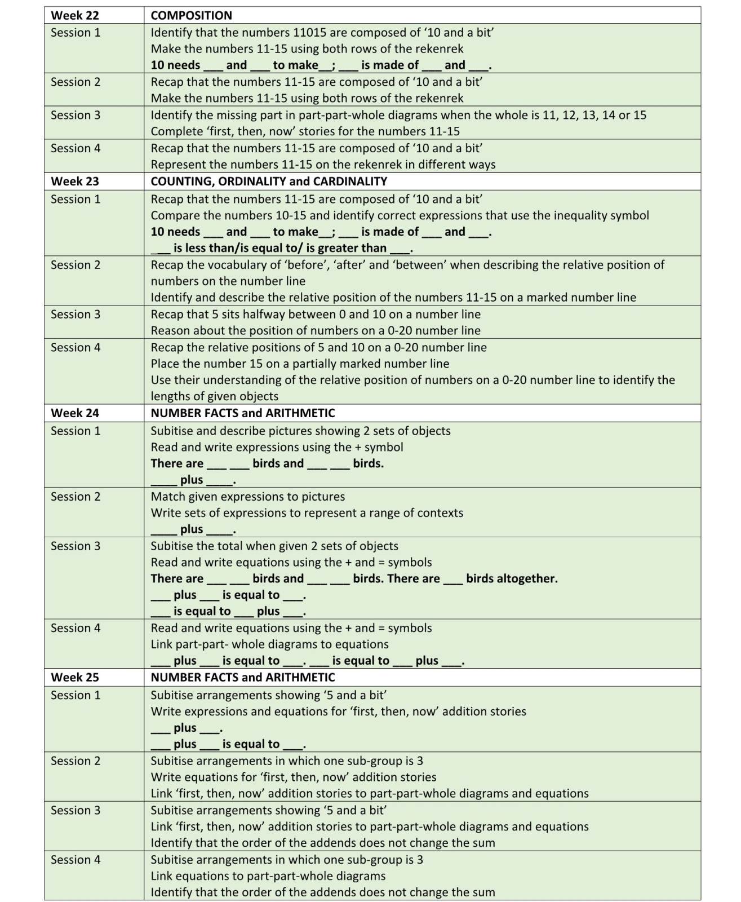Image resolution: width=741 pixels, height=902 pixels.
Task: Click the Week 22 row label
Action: (x=75, y=15)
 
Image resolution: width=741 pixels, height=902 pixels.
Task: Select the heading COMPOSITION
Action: (x=191, y=15)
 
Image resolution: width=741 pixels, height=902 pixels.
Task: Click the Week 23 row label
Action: (x=75, y=181)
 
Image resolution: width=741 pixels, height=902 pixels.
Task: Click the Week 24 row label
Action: (x=75, y=413)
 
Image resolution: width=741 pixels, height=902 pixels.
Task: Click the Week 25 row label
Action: (x=75, y=677)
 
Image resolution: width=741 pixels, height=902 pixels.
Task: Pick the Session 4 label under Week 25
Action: (x=76, y=860)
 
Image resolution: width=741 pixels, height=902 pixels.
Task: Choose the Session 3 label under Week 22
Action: (x=76, y=115)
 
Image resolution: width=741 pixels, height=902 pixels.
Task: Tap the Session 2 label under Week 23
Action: (x=76, y=265)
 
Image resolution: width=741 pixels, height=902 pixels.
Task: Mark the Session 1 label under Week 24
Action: (x=76, y=431)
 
